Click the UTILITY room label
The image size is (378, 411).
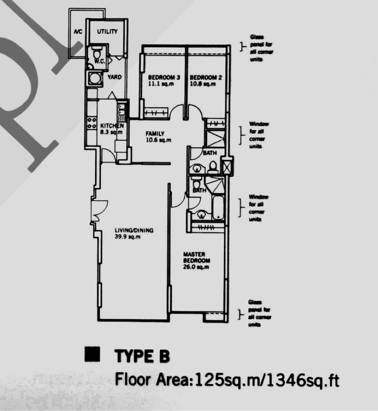point(107,32)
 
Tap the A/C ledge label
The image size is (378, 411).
point(78,32)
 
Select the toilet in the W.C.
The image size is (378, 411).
point(96,53)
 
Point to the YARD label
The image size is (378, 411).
point(114,77)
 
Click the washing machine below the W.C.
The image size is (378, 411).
point(94,78)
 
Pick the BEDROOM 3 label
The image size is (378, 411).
point(164,77)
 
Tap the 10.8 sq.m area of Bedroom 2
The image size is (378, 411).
point(203,84)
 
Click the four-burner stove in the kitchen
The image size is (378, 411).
point(92,123)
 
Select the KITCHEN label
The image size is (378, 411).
point(112,126)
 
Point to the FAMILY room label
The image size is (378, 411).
point(155,133)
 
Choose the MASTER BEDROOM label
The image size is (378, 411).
point(197,257)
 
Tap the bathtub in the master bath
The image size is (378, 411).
point(218,207)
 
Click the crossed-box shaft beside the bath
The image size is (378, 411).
point(226,166)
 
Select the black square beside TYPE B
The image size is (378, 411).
point(92,354)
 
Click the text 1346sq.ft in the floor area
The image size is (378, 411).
point(303,380)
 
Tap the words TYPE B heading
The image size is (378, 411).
point(142,356)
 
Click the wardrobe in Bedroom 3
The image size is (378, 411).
point(156,113)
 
